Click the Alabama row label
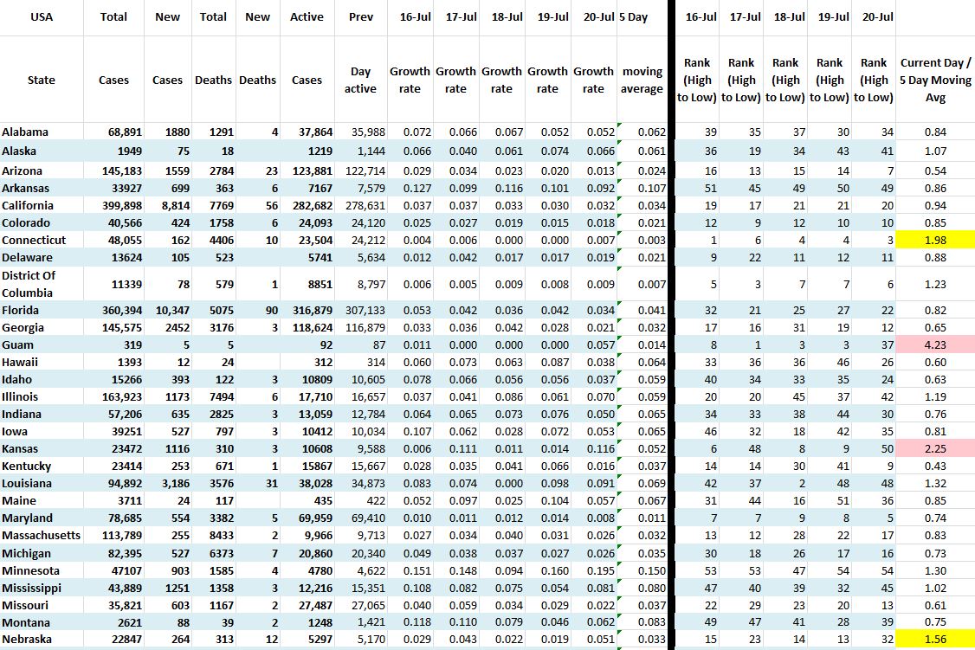click(x=26, y=132)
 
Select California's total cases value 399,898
click(x=107, y=205)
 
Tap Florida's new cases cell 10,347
click(x=164, y=310)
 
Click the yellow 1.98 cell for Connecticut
click(x=935, y=240)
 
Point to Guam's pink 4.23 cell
click(x=935, y=344)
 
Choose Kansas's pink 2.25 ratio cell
click(x=935, y=448)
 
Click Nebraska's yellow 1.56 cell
click(x=935, y=640)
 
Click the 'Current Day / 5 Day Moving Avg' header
click(x=935, y=80)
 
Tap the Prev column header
click(x=361, y=16)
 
